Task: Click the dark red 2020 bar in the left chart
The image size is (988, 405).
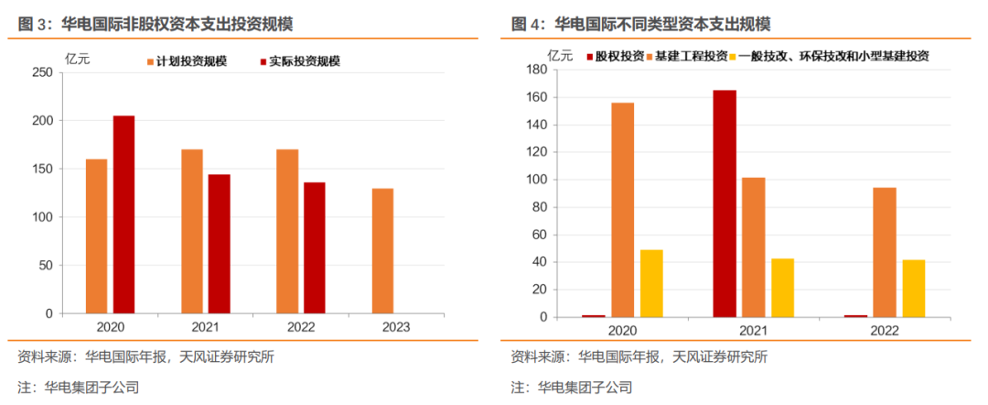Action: (123, 214)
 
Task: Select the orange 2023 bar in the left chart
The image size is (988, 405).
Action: (382, 251)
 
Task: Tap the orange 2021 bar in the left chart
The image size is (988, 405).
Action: (191, 232)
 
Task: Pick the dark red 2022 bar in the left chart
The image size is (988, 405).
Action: (315, 247)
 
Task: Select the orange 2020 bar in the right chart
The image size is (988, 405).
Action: (623, 210)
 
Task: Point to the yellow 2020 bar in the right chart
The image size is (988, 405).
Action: (651, 283)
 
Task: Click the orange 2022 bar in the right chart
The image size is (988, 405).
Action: (884, 252)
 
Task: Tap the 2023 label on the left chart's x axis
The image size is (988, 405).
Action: (382, 326)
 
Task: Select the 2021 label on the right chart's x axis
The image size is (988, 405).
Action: (752, 330)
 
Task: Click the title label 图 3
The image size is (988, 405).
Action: (36, 23)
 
